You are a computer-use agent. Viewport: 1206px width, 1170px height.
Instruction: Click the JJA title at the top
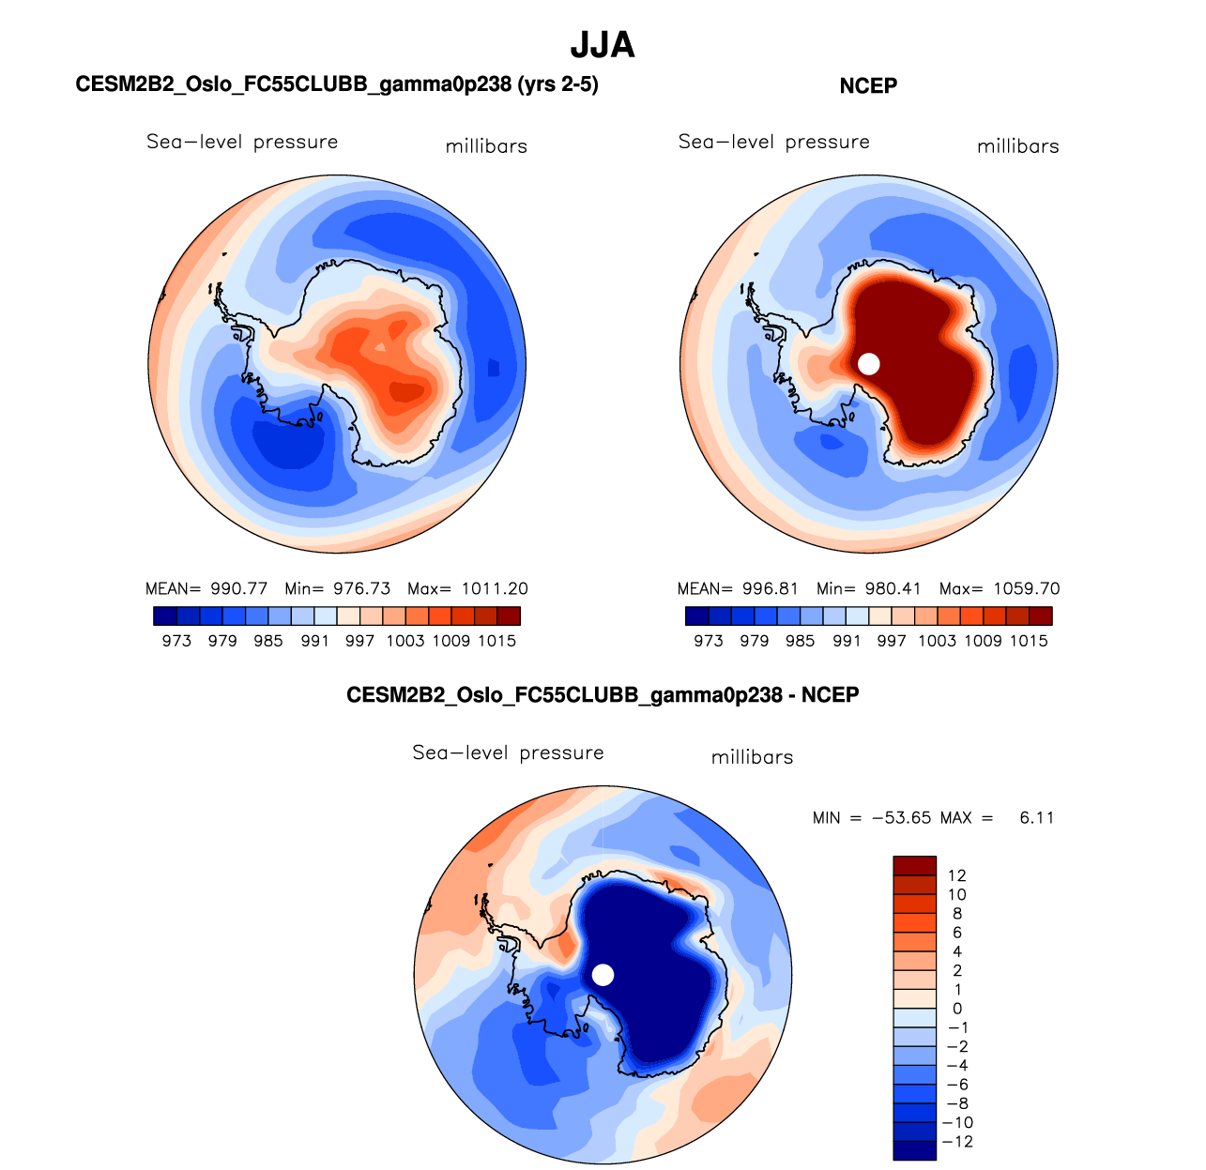pyautogui.click(x=603, y=44)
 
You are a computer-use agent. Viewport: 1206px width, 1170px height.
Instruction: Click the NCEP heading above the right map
pyautogui.click(x=868, y=86)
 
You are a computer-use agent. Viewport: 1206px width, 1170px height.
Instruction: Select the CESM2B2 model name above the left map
pyautogui.click(x=337, y=84)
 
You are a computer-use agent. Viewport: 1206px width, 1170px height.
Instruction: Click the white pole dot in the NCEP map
pyautogui.click(x=869, y=363)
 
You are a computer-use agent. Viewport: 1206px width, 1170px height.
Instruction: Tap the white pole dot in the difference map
pyautogui.click(x=603, y=975)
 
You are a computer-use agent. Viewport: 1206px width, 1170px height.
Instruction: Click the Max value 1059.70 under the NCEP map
pyautogui.click(x=1026, y=589)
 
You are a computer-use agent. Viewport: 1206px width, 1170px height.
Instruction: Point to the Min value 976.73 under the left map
pyautogui.click(x=362, y=589)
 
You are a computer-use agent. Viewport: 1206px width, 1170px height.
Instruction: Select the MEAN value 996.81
pyautogui.click(x=770, y=589)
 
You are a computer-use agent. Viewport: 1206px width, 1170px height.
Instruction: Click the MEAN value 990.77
pyautogui.click(x=238, y=589)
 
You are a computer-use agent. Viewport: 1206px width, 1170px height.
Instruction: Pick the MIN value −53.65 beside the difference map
pyautogui.click(x=901, y=818)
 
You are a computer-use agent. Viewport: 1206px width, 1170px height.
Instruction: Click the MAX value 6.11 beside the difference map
pyautogui.click(x=1036, y=818)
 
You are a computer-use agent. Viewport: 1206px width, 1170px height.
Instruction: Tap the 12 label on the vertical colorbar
pyautogui.click(x=956, y=875)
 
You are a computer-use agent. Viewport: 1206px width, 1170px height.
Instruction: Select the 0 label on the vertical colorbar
pyautogui.click(x=956, y=1009)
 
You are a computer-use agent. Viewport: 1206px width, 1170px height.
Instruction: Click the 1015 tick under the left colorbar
pyautogui.click(x=497, y=641)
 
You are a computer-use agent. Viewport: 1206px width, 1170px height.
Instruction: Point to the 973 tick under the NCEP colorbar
pyautogui.click(x=709, y=641)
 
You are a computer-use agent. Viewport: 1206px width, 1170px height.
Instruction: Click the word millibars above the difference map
pyautogui.click(x=752, y=757)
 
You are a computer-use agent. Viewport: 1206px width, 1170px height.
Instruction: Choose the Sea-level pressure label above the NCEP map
pyautogui.click(x=774, y=142)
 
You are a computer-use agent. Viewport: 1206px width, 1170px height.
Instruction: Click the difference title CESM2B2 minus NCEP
pyautogui.click(x=603, y=695)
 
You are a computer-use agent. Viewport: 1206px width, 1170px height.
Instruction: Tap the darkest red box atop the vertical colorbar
pyautogui.click(x=914, y=865)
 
